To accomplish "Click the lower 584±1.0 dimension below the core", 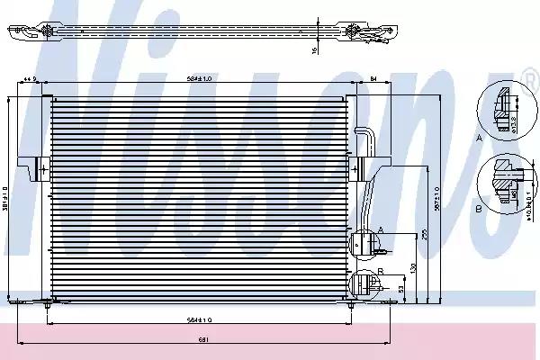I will tap(199, 319).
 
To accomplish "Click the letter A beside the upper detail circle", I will tap(382, 230).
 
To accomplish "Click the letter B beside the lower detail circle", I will tap(382, 270).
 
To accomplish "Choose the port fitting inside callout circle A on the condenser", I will tap(364, 243).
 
